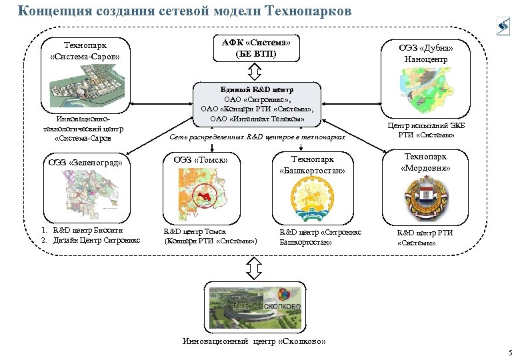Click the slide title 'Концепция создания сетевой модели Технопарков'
pos(183,11)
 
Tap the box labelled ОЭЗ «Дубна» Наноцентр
pos(426,53)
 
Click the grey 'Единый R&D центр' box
pos(257,103)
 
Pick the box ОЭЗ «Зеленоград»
pos(85,162)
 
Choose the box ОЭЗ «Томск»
pos(201,160)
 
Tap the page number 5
pos(509,353)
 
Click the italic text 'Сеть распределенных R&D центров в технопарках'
pos(257,137)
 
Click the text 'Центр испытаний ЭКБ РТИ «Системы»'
pos(426,131)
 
